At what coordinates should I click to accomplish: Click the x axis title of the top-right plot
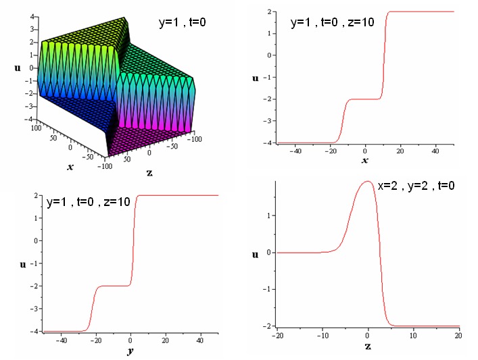[x=365, y=160]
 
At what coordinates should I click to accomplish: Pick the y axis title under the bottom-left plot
[x=130, y=351]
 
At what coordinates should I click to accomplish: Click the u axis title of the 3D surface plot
[x=16, y=68]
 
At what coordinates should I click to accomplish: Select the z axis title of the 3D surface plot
[x=149, y=173]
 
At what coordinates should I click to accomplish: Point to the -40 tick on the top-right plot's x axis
[x=295, y=150]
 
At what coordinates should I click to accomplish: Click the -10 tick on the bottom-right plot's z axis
[x=322, y=336]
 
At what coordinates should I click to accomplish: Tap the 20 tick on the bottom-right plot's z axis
[x=458, y=336]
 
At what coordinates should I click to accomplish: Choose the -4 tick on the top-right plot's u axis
[x=269, y=143]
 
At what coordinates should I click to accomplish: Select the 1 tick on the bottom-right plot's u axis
[x=269, y=215]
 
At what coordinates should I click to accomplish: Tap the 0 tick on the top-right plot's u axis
[x=270, y=55]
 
